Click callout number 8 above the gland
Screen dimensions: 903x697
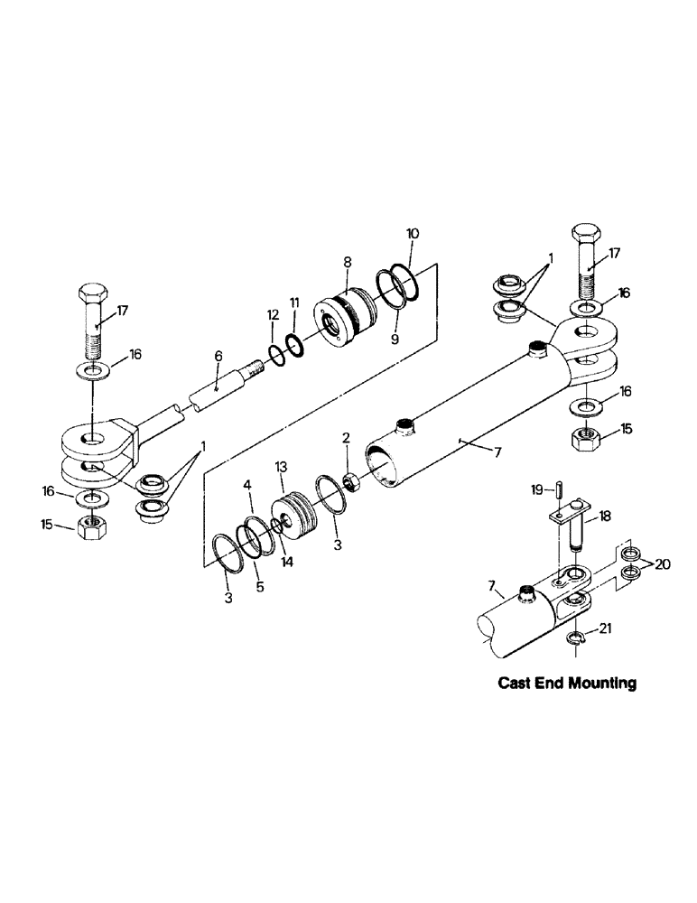(347, 262)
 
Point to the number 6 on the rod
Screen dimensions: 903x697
(218, 357)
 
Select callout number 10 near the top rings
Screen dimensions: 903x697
(413, 233)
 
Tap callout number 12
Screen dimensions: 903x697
(273, 313)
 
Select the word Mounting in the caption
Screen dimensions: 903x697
(595, 684)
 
